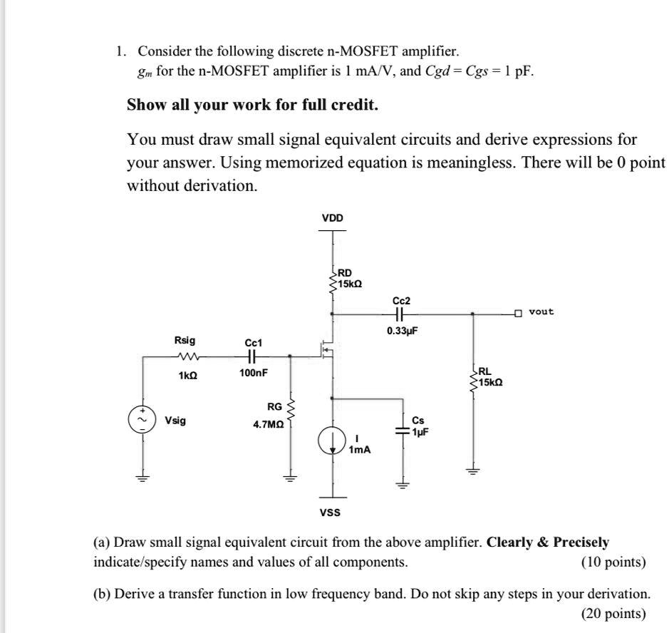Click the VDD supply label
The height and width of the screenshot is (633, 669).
(x=333, y=217)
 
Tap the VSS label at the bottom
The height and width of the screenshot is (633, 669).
(x=330, y=512)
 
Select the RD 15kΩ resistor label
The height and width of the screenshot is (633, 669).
(x=349, y=278)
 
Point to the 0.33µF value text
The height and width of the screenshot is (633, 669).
(x=402, y=331)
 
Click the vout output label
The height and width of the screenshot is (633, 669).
(x=541, y=312)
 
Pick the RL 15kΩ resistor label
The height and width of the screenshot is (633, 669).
(x=489, y=377)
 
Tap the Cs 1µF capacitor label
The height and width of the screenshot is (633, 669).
(x=420, y=426)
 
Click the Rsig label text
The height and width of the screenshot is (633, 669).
(x=185, y=341)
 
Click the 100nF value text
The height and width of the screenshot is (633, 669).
(x=254, y=373)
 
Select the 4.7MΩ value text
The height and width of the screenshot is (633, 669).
(x=269, y=424)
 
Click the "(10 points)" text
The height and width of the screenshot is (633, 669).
(x=613, y=562)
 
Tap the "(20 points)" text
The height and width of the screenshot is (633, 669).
(x=613, y=613)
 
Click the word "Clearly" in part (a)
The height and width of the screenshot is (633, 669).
(x=509, y=542)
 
